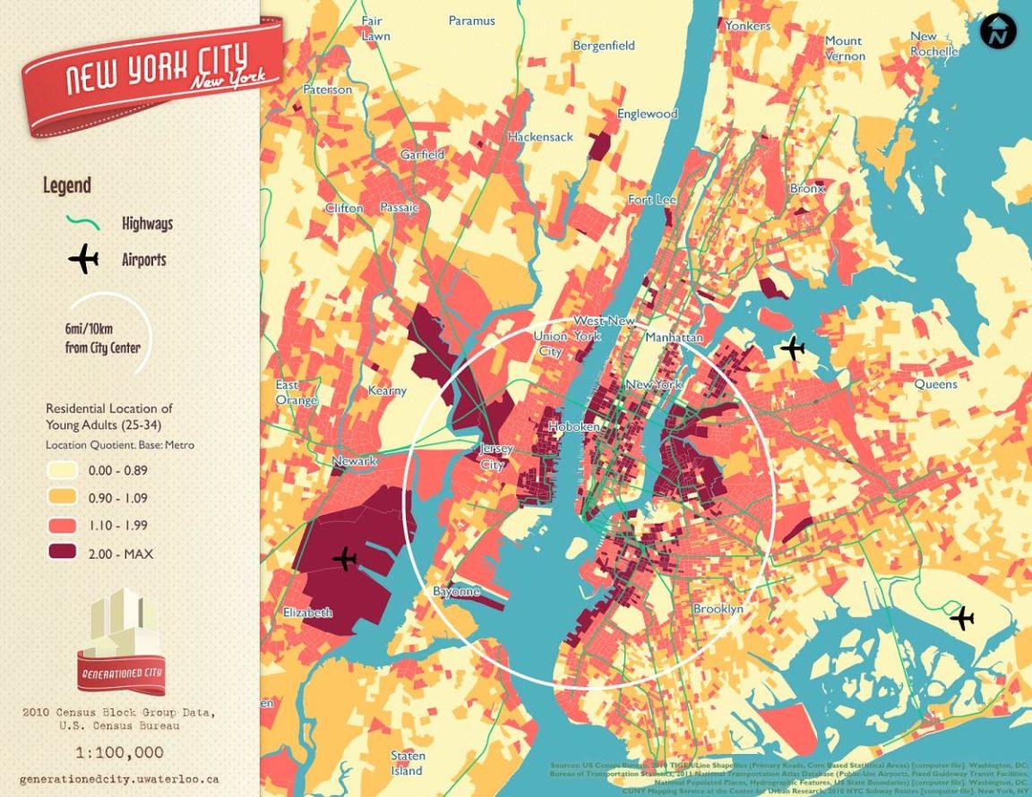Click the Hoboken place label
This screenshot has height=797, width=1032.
[574, 427]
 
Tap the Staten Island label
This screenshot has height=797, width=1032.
[408, 763]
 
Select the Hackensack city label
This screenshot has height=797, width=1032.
[540, 137]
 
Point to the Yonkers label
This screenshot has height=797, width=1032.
[747, 26]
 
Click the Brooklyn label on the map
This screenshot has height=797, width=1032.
[718, 609]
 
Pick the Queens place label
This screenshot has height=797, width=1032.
[935, 384]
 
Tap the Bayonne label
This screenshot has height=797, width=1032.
[457, 592]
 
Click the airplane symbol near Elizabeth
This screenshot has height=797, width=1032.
[345, 559]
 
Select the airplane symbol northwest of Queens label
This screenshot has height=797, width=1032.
[793, 348]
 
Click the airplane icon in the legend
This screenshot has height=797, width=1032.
[83, 259]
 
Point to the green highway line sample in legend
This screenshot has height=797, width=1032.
[82, 222]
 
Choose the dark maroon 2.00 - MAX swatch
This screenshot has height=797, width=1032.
[62, 553]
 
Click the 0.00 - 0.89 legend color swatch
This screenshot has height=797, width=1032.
[62, 469]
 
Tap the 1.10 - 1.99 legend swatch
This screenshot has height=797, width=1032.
[62, 525]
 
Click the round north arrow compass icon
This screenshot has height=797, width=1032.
[998, 31]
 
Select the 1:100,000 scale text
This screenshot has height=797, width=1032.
[118, 752]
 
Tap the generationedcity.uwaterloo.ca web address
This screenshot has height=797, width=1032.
[118, 779]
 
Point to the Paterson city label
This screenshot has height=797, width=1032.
[328, 90]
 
